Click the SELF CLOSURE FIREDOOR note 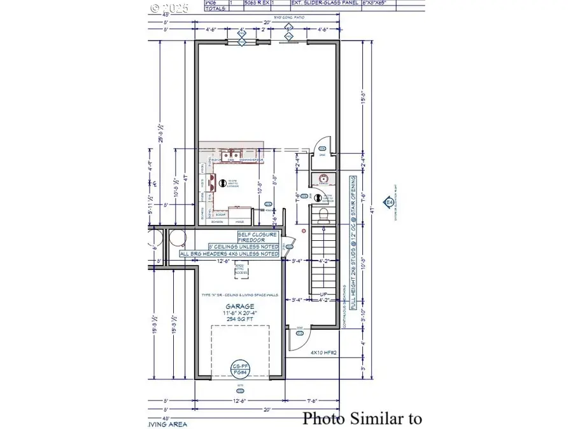(x=253, y=237)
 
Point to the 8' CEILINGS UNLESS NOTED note (x=243, y=246)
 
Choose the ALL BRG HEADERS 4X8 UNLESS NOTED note (x=229, y=254)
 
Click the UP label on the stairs (x=323, y=294)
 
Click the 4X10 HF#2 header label (x=323, y=351)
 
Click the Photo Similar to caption (x=362, y=418)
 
